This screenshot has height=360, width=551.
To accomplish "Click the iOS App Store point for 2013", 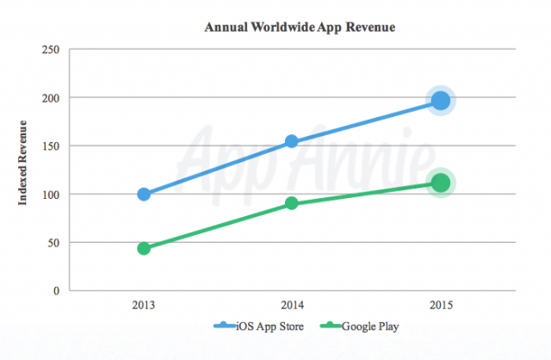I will [144, 194].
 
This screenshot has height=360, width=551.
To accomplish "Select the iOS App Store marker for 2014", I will [292, 141].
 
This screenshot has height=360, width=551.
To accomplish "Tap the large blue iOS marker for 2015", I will [441, 101].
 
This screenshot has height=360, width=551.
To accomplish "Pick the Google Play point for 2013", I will [144, 248].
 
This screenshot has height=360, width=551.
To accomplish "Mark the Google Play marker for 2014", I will [292, 203].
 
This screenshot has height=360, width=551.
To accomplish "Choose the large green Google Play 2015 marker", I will [441, 183].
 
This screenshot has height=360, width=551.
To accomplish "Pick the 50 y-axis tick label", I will [53, 243].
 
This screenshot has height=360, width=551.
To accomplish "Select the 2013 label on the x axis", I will [144, 305].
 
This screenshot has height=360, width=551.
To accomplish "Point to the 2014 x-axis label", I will [292, 305].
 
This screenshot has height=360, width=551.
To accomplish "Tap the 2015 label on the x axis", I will [440, 305].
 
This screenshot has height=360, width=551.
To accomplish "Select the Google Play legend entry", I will [359, 326].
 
